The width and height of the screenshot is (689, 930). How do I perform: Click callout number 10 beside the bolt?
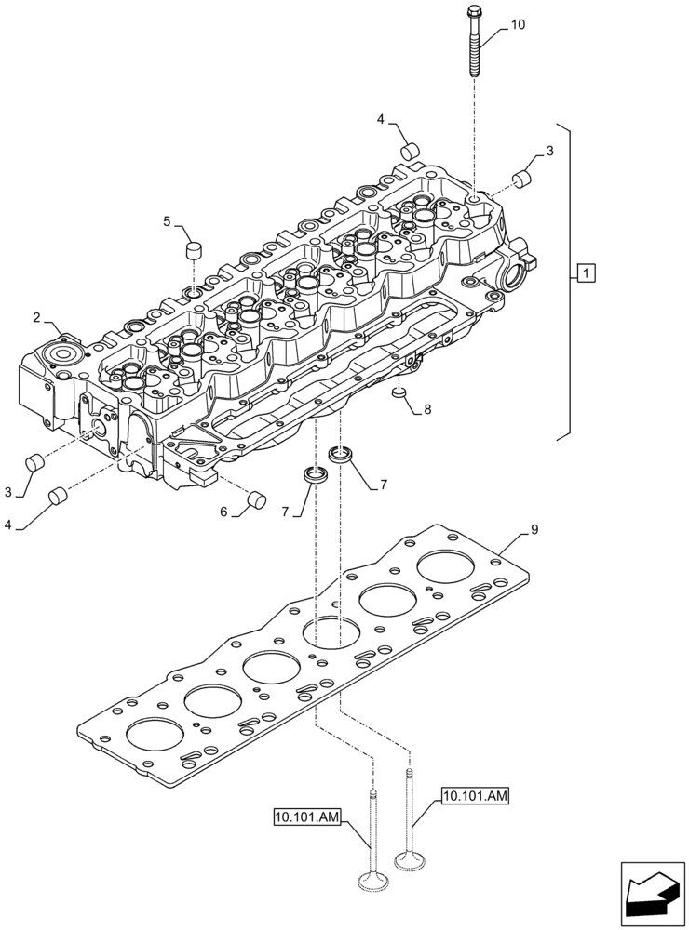(x=517, y=25)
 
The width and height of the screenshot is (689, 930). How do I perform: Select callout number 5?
(x=169, y=221)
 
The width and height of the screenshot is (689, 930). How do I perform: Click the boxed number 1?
(x=584, y=272)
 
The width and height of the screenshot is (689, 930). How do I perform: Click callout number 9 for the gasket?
(x=534, y=530)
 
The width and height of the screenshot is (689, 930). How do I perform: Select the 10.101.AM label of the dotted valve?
(x=476, y=795)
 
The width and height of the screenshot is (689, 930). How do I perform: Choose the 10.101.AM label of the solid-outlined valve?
(x=307, y=817)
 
